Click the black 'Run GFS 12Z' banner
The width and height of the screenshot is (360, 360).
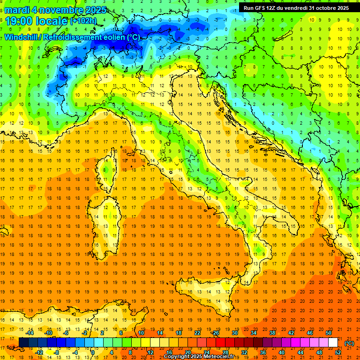[x=296, y=7]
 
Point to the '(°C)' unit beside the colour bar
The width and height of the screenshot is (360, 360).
[x=349, y=343]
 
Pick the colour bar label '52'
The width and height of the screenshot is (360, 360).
[x=338, y=352]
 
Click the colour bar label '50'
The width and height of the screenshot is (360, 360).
[x=329, y=332]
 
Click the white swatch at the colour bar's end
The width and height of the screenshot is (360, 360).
[x=333, y=343]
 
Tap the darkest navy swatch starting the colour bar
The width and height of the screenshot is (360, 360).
[x=23, y=343]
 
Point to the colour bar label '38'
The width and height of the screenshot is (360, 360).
[x=272, y=332]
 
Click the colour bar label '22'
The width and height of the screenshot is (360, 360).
[x=197, y=332]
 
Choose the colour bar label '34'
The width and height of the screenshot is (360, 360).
[x=254, y=332]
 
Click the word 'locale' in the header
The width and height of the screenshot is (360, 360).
[x=51, y=21]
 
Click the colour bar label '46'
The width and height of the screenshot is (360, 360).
[x=310, y=332]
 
